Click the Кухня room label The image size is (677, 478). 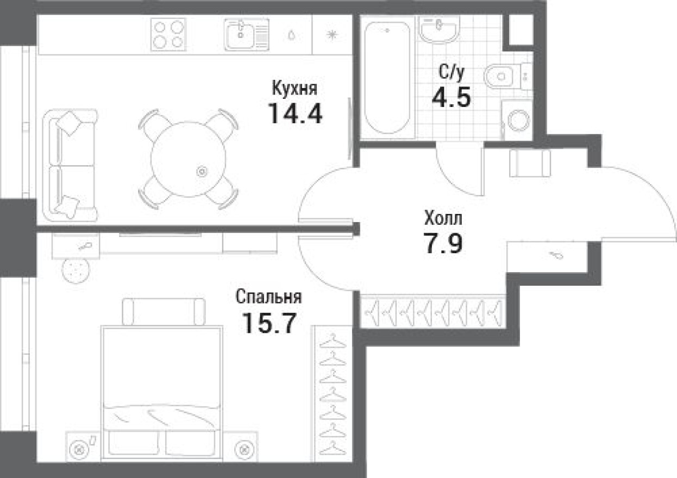[294, 88]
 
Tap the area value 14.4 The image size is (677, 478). [295, 113]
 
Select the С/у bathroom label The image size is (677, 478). [452, 72]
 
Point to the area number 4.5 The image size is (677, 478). [451, 99]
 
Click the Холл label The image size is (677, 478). [443, 219]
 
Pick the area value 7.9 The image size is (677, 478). [443, 244]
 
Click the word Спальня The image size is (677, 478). [268, 298]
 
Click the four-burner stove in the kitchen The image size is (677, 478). [168, 34]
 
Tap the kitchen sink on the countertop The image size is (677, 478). [246, 34]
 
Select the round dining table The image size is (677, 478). [188, 159]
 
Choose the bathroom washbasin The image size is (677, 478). [440, 29]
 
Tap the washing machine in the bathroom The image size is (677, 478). [516, 120]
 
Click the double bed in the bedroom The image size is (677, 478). [161, 386]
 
